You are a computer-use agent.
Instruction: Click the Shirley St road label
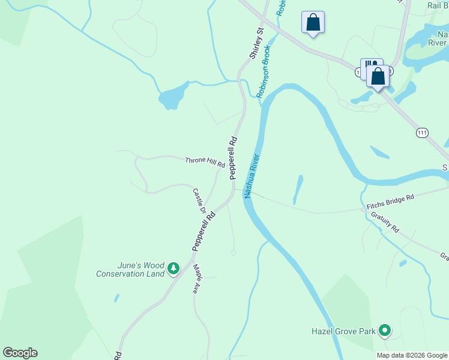257,42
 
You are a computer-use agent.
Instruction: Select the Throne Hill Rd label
205,161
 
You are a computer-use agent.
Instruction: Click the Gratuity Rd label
385,222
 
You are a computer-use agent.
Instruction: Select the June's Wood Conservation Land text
130,270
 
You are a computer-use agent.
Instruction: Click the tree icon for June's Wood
173,268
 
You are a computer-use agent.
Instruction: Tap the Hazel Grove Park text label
343,331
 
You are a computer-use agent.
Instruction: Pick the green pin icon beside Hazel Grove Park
385,330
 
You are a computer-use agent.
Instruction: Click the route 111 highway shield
423,132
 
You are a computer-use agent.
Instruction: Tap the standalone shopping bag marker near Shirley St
313,23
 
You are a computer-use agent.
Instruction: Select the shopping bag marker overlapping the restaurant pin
378,77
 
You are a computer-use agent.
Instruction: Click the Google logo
20,353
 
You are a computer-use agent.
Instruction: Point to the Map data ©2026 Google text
411,355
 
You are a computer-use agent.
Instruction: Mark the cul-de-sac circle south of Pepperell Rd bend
234,253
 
